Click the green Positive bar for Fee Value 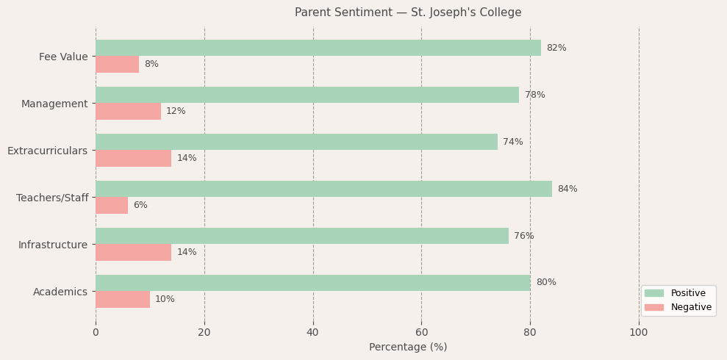pos(318,48)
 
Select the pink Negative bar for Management pos(128,111)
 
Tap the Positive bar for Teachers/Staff pos(323,189)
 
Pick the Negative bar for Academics pos(122,299)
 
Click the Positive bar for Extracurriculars pos(296,142)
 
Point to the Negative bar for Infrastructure pos(133,252)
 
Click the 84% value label pos(567,189)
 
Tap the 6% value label pos(140,205)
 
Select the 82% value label pos(556,48)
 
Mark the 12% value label pos(176,111)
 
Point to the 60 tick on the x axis pos(421,332)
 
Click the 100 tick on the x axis pos(638,332)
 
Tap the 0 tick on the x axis pos(96,332)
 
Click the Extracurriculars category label pos(47,151)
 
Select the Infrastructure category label pos(53,245)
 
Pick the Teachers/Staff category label pos(52,198)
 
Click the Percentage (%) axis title pos(407,347)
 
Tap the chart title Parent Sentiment pos(407,12)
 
